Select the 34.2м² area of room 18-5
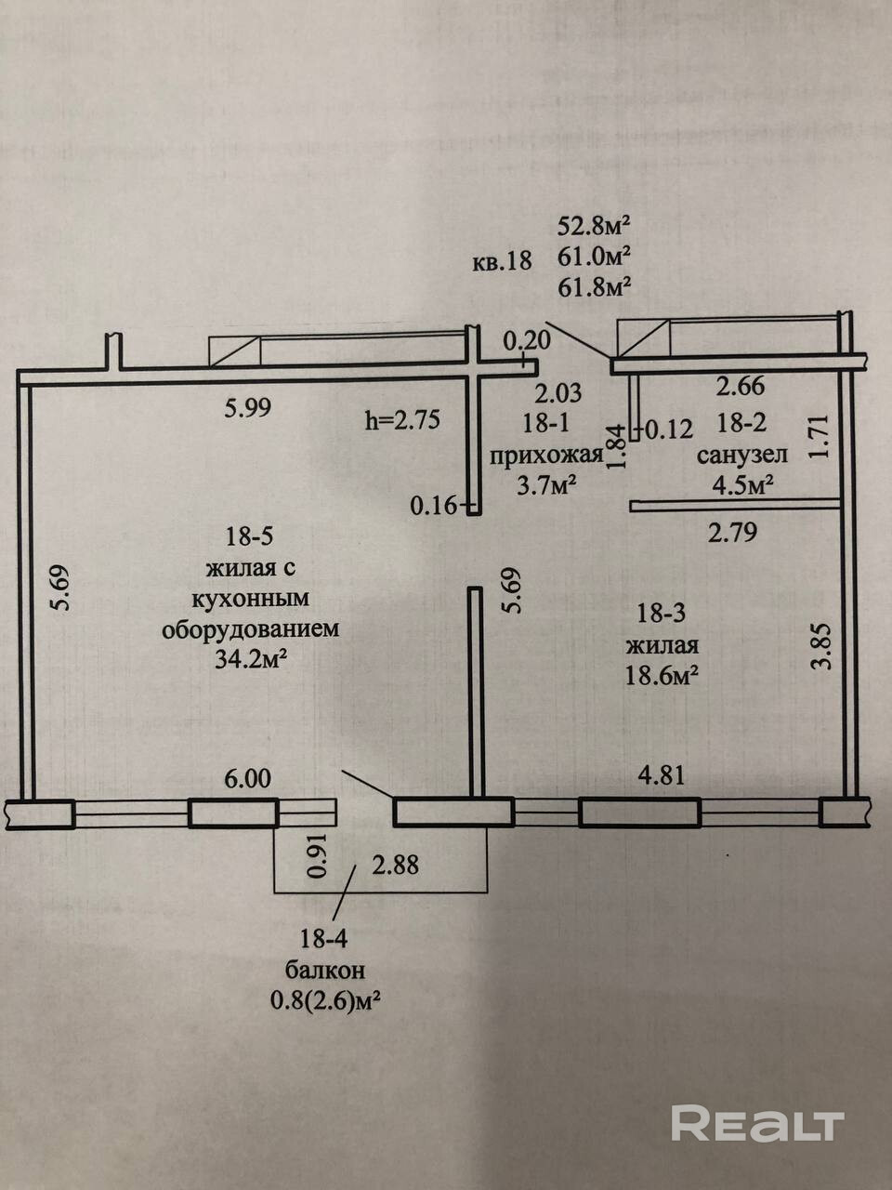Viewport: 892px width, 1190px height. click(251, 659)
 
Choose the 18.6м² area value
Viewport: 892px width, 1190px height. click(662, 674)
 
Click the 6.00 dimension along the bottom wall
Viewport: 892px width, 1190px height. click(248, 777)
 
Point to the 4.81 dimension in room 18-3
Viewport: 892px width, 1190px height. click(661, 774)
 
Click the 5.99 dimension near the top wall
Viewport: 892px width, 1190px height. click(248, 407)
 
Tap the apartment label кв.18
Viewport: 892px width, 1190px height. click(502, 260)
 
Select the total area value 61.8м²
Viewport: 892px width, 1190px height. click(595, 286)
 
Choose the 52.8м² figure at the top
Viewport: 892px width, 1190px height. click(595, 226)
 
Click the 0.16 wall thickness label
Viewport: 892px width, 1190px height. click(436, 506)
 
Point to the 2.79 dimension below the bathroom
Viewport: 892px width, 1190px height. click(734, 533)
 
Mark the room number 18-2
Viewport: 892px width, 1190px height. click(741, 424)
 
